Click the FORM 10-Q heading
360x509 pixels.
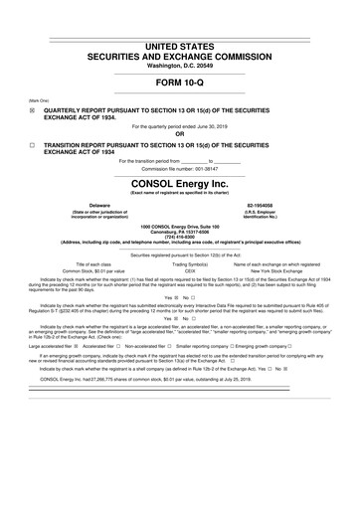coord(179,83)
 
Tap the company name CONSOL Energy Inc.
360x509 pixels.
coord(179,184)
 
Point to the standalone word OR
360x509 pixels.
coord(179,134)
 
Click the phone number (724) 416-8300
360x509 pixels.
coord(179,238)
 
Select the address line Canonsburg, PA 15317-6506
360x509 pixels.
coord(179,232)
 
